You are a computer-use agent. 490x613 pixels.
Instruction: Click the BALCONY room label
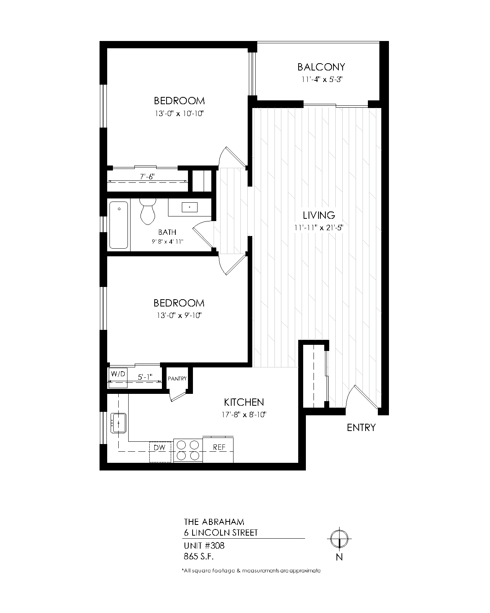[x=321, y=67]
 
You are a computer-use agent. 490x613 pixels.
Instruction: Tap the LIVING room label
[x=319, y=215]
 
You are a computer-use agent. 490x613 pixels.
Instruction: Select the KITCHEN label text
[x=244, y=402]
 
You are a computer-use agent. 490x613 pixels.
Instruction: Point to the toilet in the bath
[x=148, y=211]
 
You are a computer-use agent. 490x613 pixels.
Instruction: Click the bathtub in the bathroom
[x=119, y=225]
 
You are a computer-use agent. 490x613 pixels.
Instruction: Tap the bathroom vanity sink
[x=189, y=207]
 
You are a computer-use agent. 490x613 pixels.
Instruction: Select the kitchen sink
[x=118, y=423]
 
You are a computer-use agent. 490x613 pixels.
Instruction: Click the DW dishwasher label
[x=160, y=447]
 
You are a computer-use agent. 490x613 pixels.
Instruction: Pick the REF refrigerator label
[x=219, y=447]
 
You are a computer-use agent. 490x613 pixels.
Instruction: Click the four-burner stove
[x=188, y=450]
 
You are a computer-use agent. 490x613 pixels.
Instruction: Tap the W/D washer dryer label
[x=118, y=374]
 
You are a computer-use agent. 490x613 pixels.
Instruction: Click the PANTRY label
[x=177, y=379]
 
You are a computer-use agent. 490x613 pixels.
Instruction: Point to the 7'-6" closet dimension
[x=147, y=177]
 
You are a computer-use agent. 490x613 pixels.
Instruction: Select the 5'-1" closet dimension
[x=145, y=377]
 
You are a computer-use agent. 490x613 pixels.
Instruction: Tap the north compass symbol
[x=340, y=539]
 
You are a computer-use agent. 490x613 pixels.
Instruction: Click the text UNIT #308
[x=204, y=546]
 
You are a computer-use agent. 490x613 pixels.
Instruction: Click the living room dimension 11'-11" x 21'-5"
[x=319, y=228]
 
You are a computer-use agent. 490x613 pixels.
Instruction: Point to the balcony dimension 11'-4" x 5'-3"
[x=322, y=79]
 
